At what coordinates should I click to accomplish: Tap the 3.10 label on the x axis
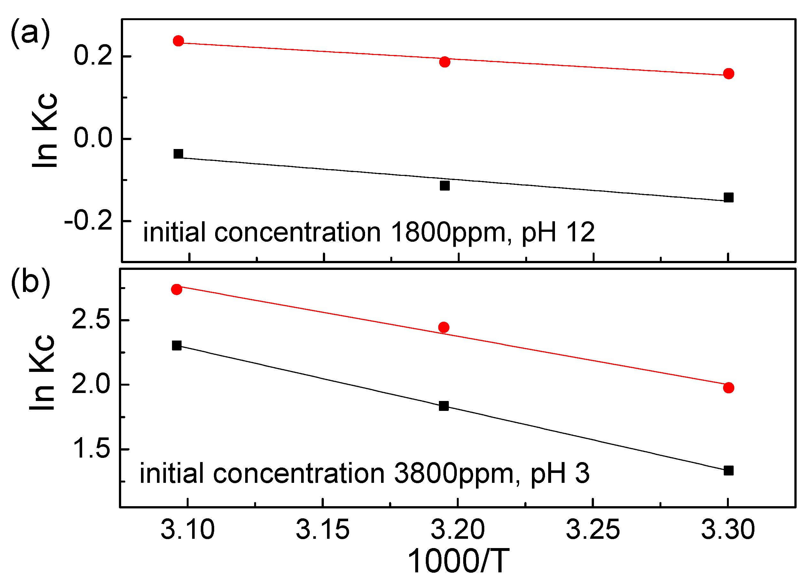pyautogui.click(x=188, y=530)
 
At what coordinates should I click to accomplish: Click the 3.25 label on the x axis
pyautogui.click(x=593, y=530)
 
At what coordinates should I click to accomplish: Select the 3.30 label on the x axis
pyautogui.click(x=728, y=530)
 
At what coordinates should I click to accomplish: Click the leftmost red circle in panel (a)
pyautogui.click(x=178, y=41)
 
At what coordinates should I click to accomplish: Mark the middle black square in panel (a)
pyautogui.click(x=444, y=186)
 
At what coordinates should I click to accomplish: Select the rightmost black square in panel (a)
pyautogui.click(x=729, y=198)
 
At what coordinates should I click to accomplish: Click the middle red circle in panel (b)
pyautogui.click(x=444, y=327)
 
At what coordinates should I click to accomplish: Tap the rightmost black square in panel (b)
pyautogui.click(x=729, y=471)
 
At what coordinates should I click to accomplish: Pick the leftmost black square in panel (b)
pyautogui.click(x=177, y=346)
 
